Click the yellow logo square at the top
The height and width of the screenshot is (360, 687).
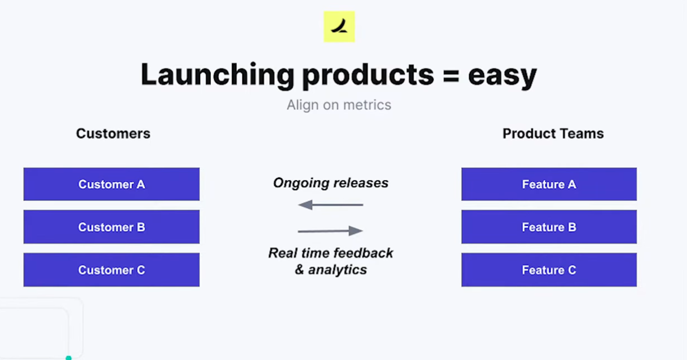[339, 27]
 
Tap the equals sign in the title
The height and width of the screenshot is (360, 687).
[451, 77]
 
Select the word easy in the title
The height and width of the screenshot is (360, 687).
[502, 76]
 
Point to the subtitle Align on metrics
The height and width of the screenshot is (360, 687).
[339, 105]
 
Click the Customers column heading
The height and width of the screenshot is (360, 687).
[113, 134]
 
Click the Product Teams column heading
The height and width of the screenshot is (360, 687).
[553, 134]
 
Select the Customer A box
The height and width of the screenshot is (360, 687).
[111, 184]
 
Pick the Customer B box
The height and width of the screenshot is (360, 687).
[111, 227]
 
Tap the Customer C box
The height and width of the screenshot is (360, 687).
[111, 270]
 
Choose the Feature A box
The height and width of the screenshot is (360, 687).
[549, 184]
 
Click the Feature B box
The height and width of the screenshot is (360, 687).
[549, 227]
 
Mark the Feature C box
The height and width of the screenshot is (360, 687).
[549, 270]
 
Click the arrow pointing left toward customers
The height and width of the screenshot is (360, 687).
[330, 205]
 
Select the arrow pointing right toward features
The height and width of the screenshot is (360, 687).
[330, 231]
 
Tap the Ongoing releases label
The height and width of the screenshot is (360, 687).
[330, 183]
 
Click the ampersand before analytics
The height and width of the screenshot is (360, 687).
[299, 270]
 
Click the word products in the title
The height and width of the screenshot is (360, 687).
[368, 76]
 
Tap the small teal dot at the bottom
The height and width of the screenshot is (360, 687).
[69, 358]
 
